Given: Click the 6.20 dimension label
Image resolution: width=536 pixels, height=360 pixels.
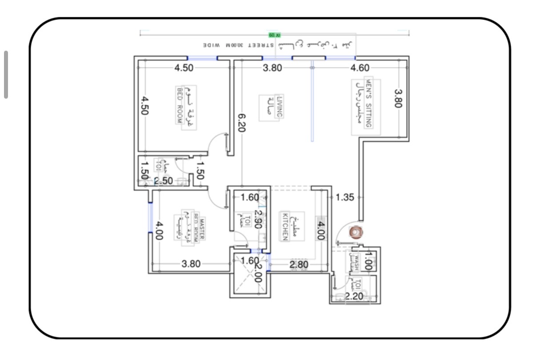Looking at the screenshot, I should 242,123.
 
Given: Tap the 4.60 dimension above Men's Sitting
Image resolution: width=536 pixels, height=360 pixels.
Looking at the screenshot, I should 360,68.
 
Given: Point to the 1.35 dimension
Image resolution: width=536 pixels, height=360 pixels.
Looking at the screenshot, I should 345,197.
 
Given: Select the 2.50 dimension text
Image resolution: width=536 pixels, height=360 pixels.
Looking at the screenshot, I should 163,181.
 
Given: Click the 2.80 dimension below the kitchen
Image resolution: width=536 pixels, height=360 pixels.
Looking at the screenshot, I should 299,265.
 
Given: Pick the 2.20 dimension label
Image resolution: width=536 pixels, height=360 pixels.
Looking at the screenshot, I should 354,296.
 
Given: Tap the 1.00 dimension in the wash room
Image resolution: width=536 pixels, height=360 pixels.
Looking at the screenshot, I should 367,261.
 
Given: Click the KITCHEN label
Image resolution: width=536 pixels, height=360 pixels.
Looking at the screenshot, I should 285,227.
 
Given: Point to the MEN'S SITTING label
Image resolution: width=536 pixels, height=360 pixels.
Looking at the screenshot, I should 368,103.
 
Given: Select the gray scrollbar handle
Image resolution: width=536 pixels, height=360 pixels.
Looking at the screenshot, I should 6,74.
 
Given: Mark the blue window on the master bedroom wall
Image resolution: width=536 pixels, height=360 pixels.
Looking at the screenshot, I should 151,217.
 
